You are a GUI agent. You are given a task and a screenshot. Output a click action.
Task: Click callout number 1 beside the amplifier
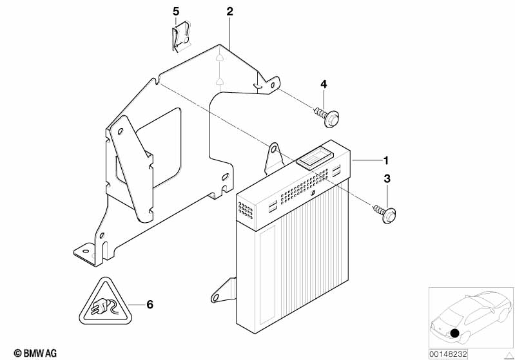(x=386, y=160)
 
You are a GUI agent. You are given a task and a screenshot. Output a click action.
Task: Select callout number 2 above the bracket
(x=229, y=12)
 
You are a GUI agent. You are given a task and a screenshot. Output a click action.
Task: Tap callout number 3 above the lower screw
(x=387, y=179)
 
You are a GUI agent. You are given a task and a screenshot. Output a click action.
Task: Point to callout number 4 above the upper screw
(x=324, y=84)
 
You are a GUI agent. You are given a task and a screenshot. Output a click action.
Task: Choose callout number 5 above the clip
(x=176, y=12)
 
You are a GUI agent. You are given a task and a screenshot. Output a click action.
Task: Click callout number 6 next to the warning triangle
(x=150, y=305)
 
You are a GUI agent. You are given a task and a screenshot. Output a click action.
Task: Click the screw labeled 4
(x=327, y=117)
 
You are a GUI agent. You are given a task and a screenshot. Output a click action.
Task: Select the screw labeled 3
(x=385, y=213)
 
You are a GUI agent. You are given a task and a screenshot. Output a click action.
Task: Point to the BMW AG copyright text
(x=35, y=353)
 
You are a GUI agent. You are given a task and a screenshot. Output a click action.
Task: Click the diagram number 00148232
(x=448, y=354)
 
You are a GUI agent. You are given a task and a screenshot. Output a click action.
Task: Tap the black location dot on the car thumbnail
(x=454, y=333)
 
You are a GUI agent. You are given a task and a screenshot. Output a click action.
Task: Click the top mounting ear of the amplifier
(x=273, y=158)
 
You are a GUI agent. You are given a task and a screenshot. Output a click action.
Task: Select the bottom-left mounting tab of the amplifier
(x=224, y=290)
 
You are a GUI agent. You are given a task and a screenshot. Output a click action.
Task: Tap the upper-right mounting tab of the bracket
(x=270, y=84)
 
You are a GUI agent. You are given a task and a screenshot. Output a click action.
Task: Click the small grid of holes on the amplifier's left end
(x=246, y=211)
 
